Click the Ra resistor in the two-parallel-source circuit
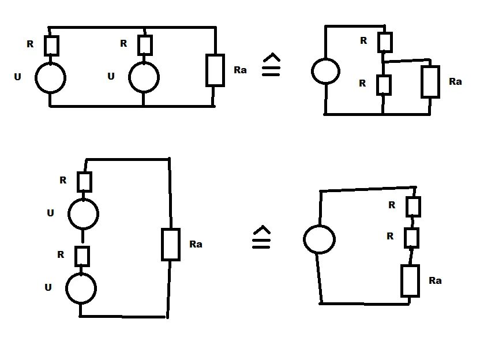[215, 70]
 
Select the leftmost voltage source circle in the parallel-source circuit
[50, 77]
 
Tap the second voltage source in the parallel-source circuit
[143, 77]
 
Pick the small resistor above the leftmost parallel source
[51, 46]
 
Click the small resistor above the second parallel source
[145, 45]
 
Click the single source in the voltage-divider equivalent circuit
[327, 72]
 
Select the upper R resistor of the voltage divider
[385, 42]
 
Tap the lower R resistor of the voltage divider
[384, 84]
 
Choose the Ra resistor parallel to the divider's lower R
[430, 81]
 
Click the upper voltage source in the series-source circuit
[83, 214]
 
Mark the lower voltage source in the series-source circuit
[81, 288]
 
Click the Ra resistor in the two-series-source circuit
[170, 245]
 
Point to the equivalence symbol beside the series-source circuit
[261, 238]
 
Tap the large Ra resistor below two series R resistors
[410, 281]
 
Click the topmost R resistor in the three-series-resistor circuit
[413, 207]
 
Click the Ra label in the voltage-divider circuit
[455, 82]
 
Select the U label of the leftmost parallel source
[18, 76]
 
